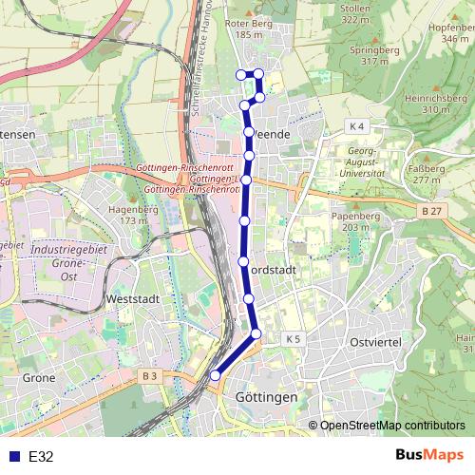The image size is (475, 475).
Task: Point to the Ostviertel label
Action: pyautogui.click(x=377, y=341)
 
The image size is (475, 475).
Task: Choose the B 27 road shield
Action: pyautogui.click(x=432, y=210)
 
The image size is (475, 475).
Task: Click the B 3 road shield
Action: pyautogui.click(x=149, y=377)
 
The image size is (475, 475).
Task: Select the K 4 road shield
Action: pyautogui.click(x=356, y=126)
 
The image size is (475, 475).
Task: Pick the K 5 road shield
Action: pyautogui.click(x=293, y=338)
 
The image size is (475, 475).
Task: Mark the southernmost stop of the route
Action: pyautogui.click(x=215, y=375)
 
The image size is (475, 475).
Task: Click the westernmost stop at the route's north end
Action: pyautogui.click(x=239, y=74)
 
